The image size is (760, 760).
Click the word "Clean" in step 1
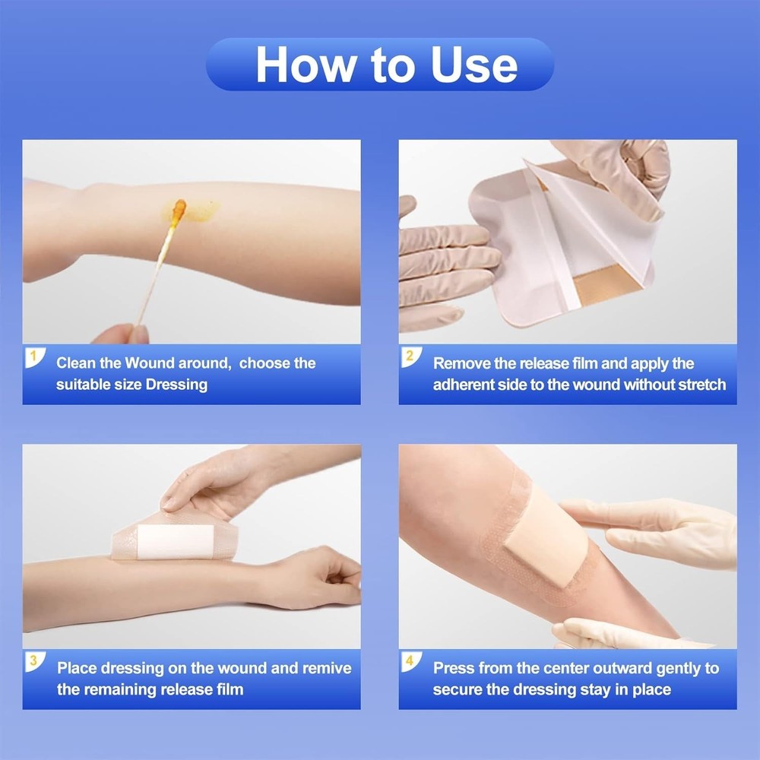click(x=78, y=363)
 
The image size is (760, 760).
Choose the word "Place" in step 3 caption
click(x=78, y=669)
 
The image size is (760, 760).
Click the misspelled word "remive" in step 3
click(x=325, y=669)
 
